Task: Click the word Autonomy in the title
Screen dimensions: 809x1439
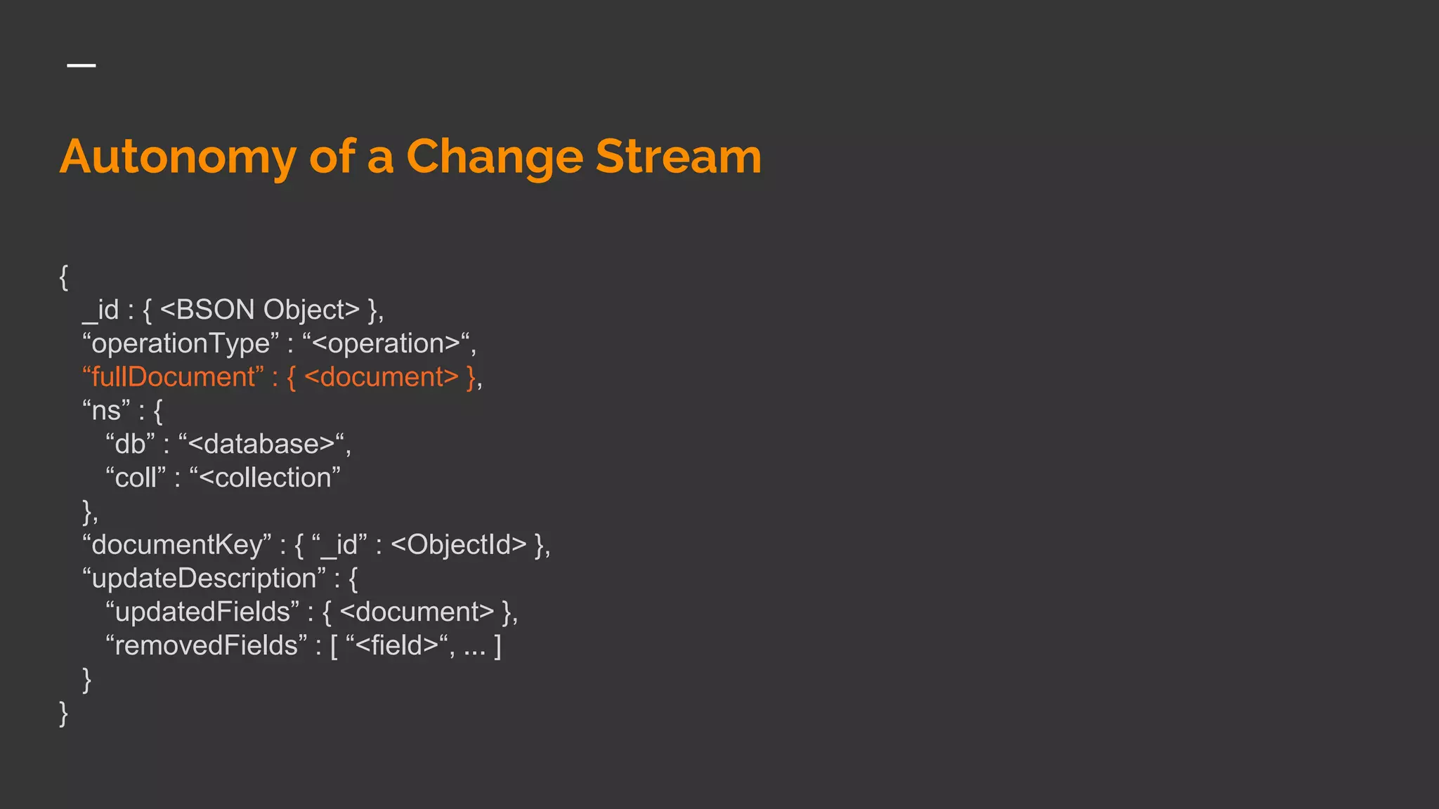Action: [x=178, y=157]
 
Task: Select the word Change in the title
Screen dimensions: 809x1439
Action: [x=495, y=157]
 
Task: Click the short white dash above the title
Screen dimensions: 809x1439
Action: [x=82, y=65]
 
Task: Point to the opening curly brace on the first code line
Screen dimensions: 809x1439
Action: [x=64, y=277]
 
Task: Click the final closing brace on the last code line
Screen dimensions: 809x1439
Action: [x=64, y=713]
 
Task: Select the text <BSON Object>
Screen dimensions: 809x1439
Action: [x=259, y=310]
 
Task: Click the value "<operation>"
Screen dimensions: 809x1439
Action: [x=386, y=343]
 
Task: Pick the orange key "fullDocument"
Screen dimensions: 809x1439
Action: [x=173, y=377]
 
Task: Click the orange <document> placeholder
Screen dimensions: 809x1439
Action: [x=382, y=377]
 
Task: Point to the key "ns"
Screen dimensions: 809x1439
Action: [x=106, y=410]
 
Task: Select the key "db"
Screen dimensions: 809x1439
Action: [x=130, y=444]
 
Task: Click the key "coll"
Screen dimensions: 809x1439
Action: [x=136, y=478]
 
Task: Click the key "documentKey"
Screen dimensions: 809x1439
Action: [x=176, y=545]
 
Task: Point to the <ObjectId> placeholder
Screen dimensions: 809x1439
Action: [x=458, y=545]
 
